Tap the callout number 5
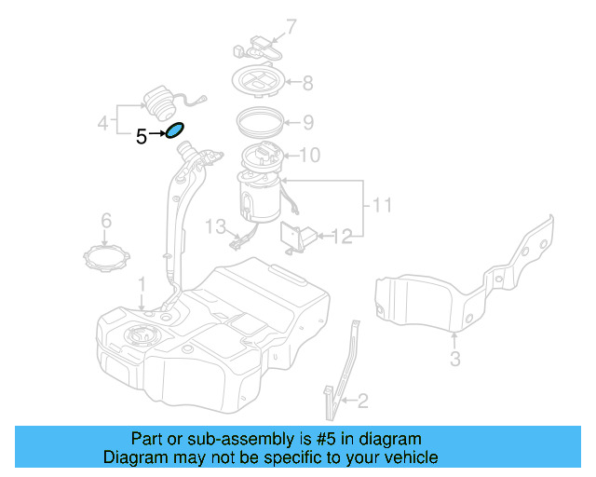click(x=141, y=137)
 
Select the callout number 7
click(x=290, y=26)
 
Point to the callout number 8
click(x=307, y=83)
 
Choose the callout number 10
click(x=309, y=155)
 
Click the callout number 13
click(x=215, y=226)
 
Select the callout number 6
click(x=106, y=221)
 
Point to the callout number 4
click(x=103, y=122)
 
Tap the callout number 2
click(x=362, y=402)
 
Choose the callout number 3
click(x=454, y=359)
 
